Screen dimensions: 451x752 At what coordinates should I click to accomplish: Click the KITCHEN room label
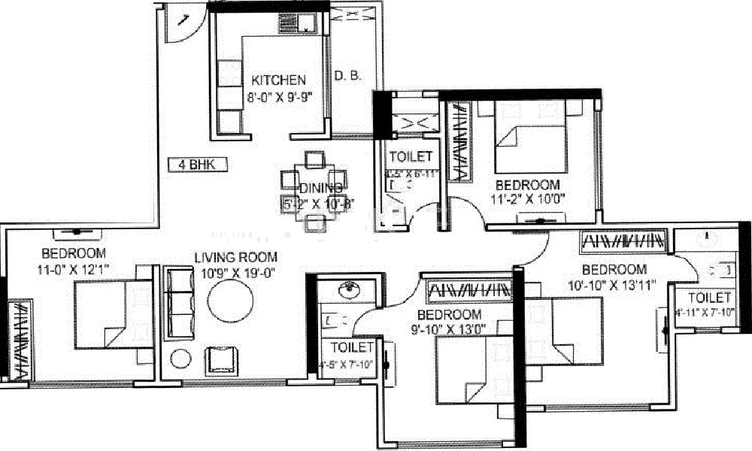(x=278, y=80)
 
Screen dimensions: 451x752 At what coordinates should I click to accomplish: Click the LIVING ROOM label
(x=235, y=257)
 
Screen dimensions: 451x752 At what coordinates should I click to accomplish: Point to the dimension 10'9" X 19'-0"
(x=235, y=272)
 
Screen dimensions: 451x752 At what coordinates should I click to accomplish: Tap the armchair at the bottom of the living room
(x=223, y=360)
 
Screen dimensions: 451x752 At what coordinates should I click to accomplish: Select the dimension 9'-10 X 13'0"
(x=449, y=328)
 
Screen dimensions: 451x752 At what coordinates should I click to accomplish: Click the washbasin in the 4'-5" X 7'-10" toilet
(x=349, y=290)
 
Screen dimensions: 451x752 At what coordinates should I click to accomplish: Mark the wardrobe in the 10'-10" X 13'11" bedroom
(x=623, y=242)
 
